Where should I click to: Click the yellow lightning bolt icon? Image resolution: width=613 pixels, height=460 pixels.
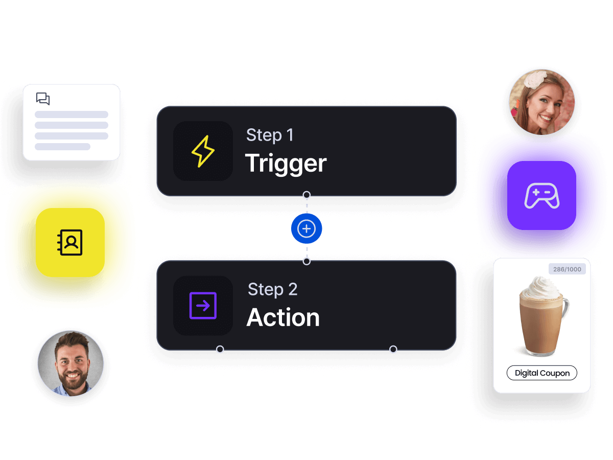click(203, 151)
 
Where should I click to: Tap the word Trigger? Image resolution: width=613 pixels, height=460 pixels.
click(286, 164)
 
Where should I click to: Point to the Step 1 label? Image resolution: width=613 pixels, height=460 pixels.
click(270, 135)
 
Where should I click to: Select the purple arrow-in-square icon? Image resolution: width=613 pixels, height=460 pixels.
click(203, 306)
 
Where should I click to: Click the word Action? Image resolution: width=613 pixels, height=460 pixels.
click(283, 318)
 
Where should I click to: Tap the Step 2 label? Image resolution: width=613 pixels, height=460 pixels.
click(272, 289)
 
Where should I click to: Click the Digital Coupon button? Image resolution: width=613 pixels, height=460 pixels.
click(541, 373)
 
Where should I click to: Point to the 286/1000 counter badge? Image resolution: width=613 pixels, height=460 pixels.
click(567, 269)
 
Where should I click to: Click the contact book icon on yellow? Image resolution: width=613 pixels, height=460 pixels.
click(70, 242)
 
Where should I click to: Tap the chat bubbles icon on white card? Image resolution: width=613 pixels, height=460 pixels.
click(43, 99)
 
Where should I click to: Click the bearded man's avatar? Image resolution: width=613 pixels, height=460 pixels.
click(70, 363)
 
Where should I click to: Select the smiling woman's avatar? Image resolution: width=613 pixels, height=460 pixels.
click(542, 102)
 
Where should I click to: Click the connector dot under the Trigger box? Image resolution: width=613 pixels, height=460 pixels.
click(306, 195)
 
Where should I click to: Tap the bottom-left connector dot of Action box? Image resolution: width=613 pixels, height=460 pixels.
click(220, 350)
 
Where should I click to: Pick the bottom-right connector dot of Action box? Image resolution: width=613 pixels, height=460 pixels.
click(393, 350)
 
